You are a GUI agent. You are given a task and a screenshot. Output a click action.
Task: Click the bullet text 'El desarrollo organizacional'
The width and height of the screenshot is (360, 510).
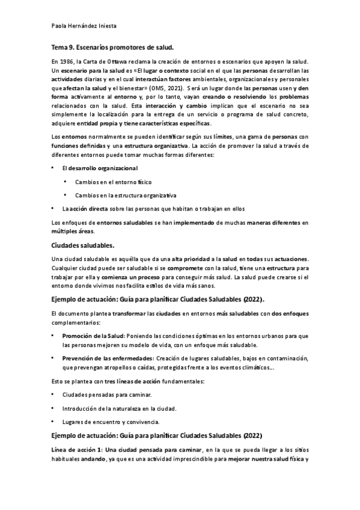(x=100, y=168)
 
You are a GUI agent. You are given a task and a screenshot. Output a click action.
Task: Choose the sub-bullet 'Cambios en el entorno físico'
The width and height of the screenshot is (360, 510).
(x=114, y=182)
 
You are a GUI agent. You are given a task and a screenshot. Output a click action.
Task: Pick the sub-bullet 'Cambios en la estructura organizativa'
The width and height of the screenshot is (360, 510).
(x=126, y=195)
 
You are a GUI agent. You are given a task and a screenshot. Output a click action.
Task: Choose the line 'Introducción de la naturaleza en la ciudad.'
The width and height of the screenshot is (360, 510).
(x=119, y=408)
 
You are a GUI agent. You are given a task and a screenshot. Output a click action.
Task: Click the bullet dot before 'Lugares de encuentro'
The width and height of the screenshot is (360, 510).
(x=53, y=422)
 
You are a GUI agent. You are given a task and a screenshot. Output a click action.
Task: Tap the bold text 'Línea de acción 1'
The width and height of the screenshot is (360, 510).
(x=75, y=451)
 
